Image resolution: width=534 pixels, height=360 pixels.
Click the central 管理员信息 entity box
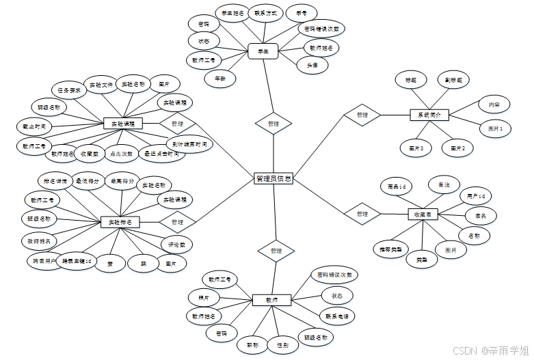pyautogui.click(x=273, y=178)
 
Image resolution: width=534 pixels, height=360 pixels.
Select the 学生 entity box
pyautogui.click(x=263, y=51)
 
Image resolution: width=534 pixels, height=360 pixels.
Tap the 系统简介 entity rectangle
pyautogui.click(x=429, y=115)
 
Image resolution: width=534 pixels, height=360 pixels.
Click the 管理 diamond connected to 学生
pyautogui.click(x=273, y=124)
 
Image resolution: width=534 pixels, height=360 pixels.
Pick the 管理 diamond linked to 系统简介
pyautogui.click(x=362, y=115)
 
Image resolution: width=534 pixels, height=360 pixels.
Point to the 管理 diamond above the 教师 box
pyautogui.click(x=276, y=251)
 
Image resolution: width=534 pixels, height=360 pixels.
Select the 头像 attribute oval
pyautogui.click(x=312, y=65)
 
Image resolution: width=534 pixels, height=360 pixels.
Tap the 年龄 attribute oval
pyautogui.click(x=220, y=78)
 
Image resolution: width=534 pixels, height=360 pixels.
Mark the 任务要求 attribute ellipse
pyautogui.click(x=69, y=90)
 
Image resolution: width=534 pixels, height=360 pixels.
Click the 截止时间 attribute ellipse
pyautogui.click(x=34, y=126)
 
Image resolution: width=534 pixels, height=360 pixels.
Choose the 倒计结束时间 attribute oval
pyautogui.click(x=189, y=144)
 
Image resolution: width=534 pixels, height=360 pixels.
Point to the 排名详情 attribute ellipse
pyautogui.click(x=55, y=181)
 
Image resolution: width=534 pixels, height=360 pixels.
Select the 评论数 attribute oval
pyautogui.click(x=177, y=243)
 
